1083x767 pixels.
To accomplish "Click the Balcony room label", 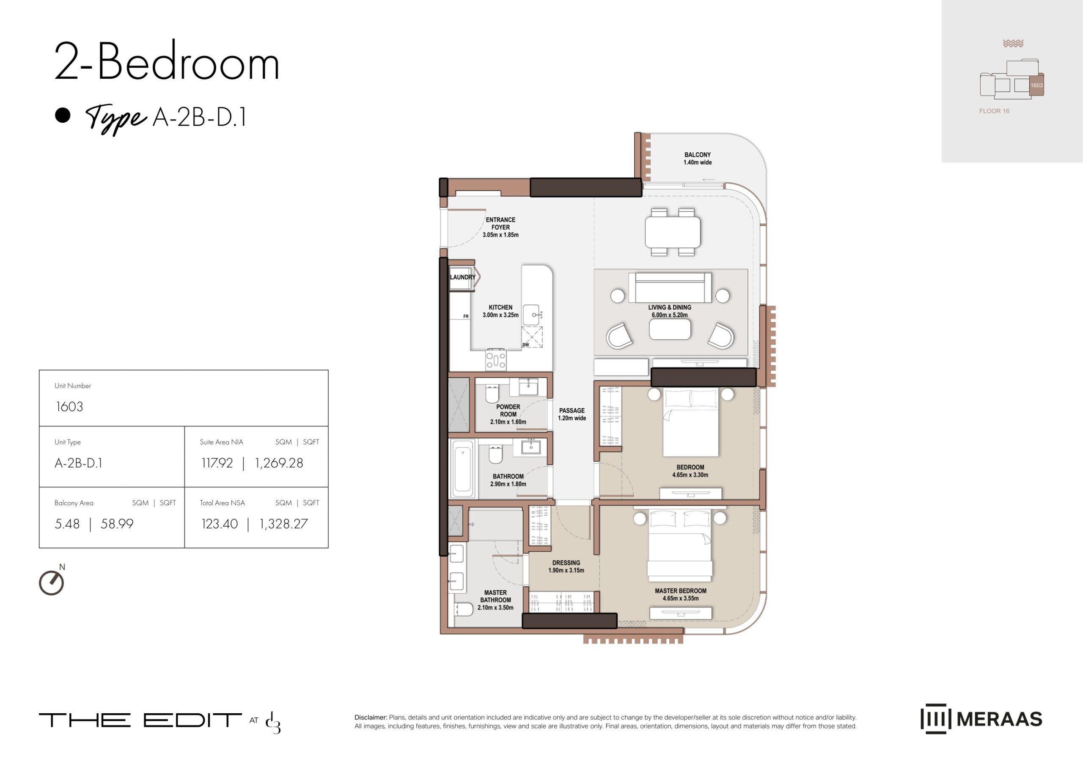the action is click(697, 158).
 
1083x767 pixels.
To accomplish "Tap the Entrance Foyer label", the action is click(500, 227).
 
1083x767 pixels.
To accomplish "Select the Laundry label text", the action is click(462, 277).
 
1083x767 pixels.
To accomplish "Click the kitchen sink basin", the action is click(532, 315).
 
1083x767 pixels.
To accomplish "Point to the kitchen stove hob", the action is click(496, 360).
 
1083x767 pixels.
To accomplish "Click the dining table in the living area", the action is click(673, 232).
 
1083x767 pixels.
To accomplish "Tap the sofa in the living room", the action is click(673, 287).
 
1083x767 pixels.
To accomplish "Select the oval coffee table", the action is click(670, 329).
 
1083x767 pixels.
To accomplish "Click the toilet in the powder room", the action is click(492, 394).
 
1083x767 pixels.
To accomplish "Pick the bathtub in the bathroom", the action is click(462, 468).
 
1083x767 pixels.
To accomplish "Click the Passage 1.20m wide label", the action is click(572, 414).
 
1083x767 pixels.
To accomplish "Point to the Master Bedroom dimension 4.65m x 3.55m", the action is click(680, 598).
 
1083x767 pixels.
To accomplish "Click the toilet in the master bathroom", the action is click(463, 609).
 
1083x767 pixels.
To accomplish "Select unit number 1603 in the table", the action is click(69, 407).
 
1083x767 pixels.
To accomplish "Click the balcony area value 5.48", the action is click(67, 524).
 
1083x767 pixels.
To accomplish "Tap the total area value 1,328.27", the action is click(283, 524).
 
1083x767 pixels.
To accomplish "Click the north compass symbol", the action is click(51, 582).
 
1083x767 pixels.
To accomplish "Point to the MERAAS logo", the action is click(981, 719).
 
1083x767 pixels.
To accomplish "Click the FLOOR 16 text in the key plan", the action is click(994, 111).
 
